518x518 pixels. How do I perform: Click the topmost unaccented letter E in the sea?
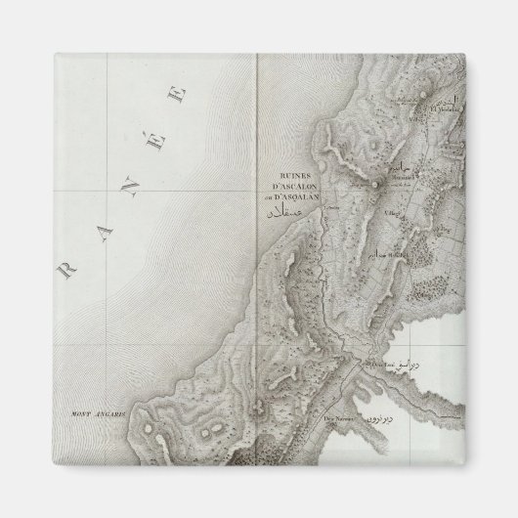tap(179, 96)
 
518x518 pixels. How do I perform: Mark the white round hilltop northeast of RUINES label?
tap(374, 182)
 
